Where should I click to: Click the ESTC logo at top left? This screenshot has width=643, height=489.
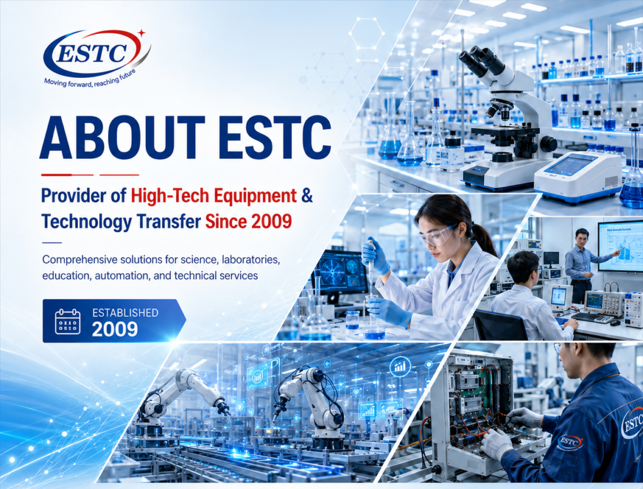tap(97, 53)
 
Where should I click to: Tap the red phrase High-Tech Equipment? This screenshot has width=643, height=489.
tap(213, 196)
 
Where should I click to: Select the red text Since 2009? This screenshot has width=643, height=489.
tap(249, 222)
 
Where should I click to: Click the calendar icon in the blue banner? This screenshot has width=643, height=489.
tap(68, 321)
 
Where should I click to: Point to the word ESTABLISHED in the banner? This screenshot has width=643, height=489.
tap(125, 313)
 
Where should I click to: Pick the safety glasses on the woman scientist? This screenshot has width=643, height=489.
tap(437, 235)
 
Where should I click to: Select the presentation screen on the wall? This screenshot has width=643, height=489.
tap(620, 246)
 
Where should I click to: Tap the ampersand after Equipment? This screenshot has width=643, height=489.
tap(307, 195)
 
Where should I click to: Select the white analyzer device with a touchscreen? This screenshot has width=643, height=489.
tap(578, 176)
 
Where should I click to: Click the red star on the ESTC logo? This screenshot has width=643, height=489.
tap(141, 33)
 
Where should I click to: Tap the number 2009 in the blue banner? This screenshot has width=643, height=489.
tap(115, 329)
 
